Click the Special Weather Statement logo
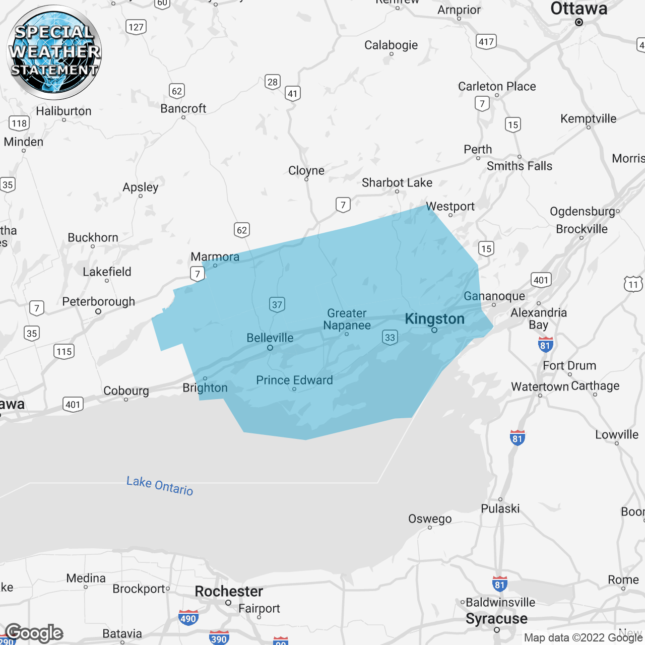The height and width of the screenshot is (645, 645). coord(54,52)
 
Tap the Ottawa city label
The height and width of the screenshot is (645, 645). coord(578,9)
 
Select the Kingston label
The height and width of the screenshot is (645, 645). coord(434,319)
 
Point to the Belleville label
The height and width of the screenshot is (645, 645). coord(270,338)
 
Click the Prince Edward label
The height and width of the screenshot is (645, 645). coord(294,380)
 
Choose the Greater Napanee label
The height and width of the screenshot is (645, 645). coord(347,319)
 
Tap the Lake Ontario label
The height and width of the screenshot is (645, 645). coord(160,486)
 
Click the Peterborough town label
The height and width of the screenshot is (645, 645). coord(98,301)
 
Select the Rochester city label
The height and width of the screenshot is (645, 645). coord(229,591)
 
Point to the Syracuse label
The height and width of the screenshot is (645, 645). coord(496,619)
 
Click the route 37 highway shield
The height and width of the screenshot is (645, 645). coord(277,304)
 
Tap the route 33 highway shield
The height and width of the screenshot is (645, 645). coord(390,337)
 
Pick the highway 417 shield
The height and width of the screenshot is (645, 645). coord(486,41)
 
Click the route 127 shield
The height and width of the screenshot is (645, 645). coord(136,27)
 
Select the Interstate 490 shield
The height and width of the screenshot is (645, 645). coord(188,618)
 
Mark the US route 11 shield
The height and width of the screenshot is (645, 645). coord(633,284)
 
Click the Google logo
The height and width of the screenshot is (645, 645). coord(34,633)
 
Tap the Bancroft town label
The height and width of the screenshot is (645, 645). coord(183,108)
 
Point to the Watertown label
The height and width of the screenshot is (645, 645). coord(540,386)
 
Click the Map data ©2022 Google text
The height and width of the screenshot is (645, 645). coord(583,637)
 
